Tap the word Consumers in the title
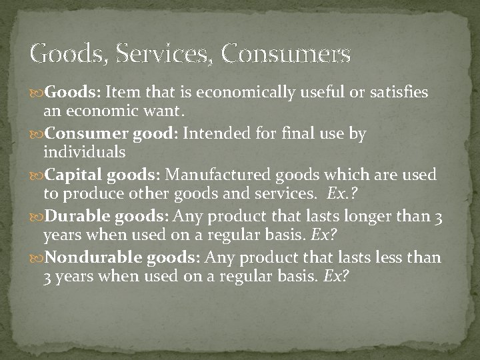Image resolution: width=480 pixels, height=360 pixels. [x=286, y=53]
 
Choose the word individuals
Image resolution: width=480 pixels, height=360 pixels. [x=84, y=151]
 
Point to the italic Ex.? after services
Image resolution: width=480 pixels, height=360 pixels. [x=344, y=193]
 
